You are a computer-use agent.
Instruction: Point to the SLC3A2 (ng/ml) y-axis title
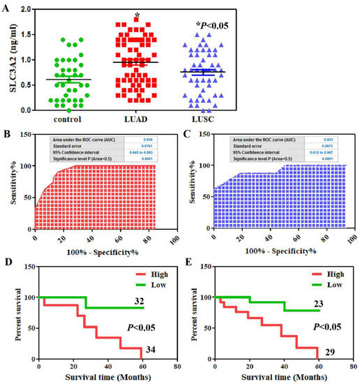[x=8, y=61]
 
